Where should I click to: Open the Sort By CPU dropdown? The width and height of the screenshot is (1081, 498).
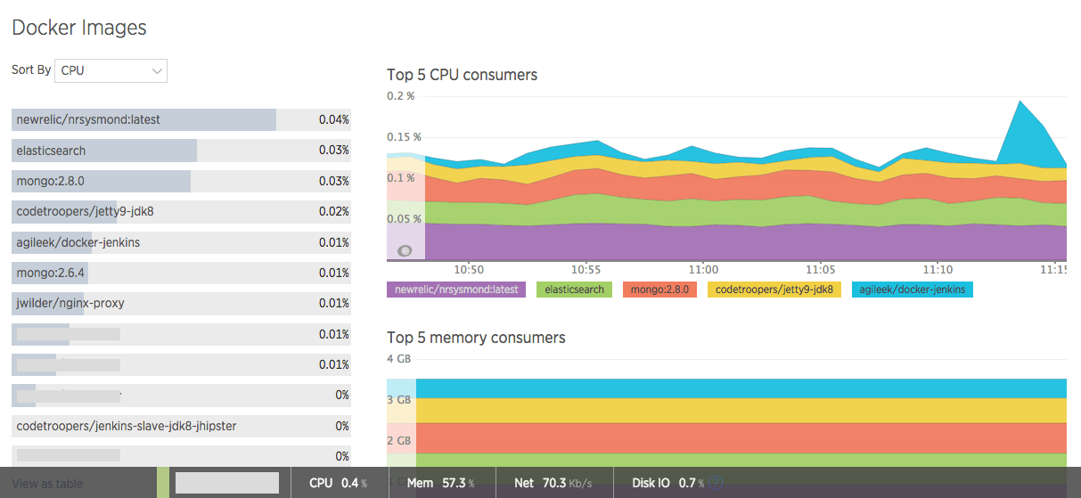(x=111, y=70)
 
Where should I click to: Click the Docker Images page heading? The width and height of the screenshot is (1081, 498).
(x=78, y=28)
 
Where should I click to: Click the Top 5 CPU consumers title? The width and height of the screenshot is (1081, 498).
(x=462, y=75)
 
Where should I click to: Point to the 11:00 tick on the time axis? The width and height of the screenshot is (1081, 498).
(x=703, y=269)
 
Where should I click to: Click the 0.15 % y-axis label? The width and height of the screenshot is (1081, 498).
(x=405, y=137)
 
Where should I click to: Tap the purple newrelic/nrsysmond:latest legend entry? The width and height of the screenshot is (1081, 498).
(x=456, y=290)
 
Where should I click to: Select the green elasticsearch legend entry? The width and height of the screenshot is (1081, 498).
(x=574, y=290)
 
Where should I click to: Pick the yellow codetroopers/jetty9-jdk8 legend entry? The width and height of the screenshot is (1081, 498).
(x=774, y=290)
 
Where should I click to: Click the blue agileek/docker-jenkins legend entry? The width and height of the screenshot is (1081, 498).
(x=913, y=290)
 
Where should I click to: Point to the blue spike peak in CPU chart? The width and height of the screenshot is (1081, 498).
(x=1017, y=102)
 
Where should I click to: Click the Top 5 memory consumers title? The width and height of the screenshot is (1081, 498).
(x=476, y=338)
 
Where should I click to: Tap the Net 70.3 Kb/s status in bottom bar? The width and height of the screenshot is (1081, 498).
(x=553, y=483)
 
